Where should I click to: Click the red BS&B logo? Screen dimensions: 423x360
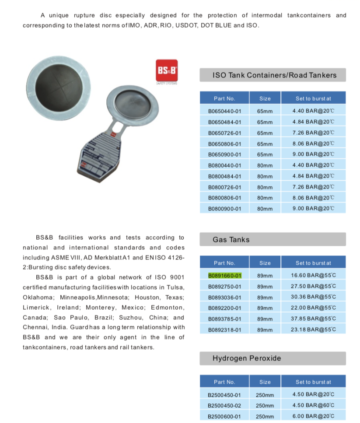click(167, 70)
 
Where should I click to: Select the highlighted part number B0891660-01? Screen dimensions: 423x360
click(224, 276)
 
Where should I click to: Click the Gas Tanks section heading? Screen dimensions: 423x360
click(231, 240)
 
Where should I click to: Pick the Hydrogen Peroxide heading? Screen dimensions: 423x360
click(247, 358)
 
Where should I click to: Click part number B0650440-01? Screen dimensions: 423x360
click(224, 111)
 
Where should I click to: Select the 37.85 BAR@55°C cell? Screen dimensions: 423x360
click(313, 319)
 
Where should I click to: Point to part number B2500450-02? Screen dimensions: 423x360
click(224, 406)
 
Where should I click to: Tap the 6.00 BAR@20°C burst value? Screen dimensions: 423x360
click(313, 416)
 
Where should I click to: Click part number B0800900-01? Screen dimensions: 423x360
click(224, 209)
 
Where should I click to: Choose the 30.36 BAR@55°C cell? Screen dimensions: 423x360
click(313, 297)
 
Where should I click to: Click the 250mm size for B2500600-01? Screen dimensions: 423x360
click(265, 416)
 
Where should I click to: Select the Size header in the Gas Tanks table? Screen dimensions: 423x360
click(265, 263)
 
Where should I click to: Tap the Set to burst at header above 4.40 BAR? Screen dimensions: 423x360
click(313, 98)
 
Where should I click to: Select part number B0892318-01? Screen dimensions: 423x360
click(224, 330)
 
